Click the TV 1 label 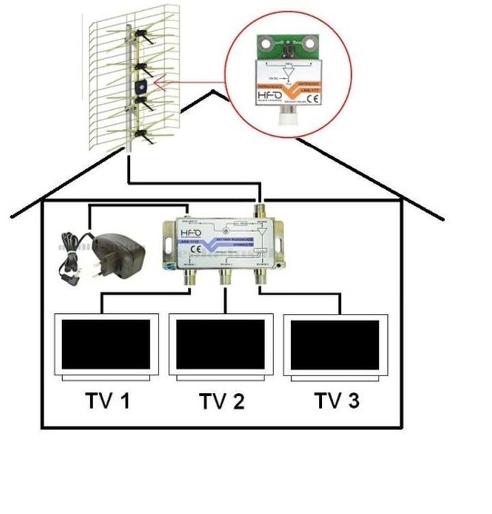pyautogui.click(x=107, y=400)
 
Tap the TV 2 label pyautogui.click(x=221, y=401)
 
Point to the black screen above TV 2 pyautogui.click(x=221, y=344)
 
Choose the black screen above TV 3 pyautogui.click(x=335, y=344)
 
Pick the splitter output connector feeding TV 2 pyautogui.click(x=225, y=276)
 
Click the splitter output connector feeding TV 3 pyautogui.click(x=260, y=276)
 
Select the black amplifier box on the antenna pyautogui.click(x=141, y=87)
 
